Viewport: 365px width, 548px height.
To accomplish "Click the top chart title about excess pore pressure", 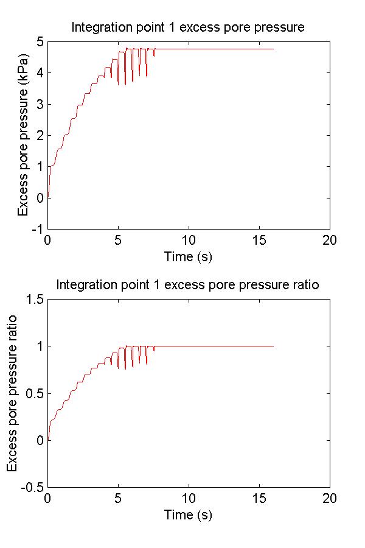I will tap(188, 27).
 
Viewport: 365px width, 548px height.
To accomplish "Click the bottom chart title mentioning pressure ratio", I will tap(188, 285).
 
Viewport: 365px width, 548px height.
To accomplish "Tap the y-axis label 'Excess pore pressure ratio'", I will tap(12, 393).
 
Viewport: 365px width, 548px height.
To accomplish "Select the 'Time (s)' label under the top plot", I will tap(188, 256).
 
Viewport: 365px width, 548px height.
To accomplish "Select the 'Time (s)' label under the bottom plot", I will tap(188, 515).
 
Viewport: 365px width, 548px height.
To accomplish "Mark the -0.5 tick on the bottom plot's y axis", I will tap(30, 487).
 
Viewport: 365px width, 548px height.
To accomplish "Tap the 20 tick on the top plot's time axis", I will tap(330, 239).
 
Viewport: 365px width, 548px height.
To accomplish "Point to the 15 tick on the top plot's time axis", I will tap(259, 239).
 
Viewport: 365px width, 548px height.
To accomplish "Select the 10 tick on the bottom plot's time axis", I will tap(189, 497).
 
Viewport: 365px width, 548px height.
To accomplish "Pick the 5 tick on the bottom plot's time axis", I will tap(118, 497).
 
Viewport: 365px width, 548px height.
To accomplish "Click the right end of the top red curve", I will tap(273, 49).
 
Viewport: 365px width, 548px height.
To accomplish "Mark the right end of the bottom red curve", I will tap(273, 346).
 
